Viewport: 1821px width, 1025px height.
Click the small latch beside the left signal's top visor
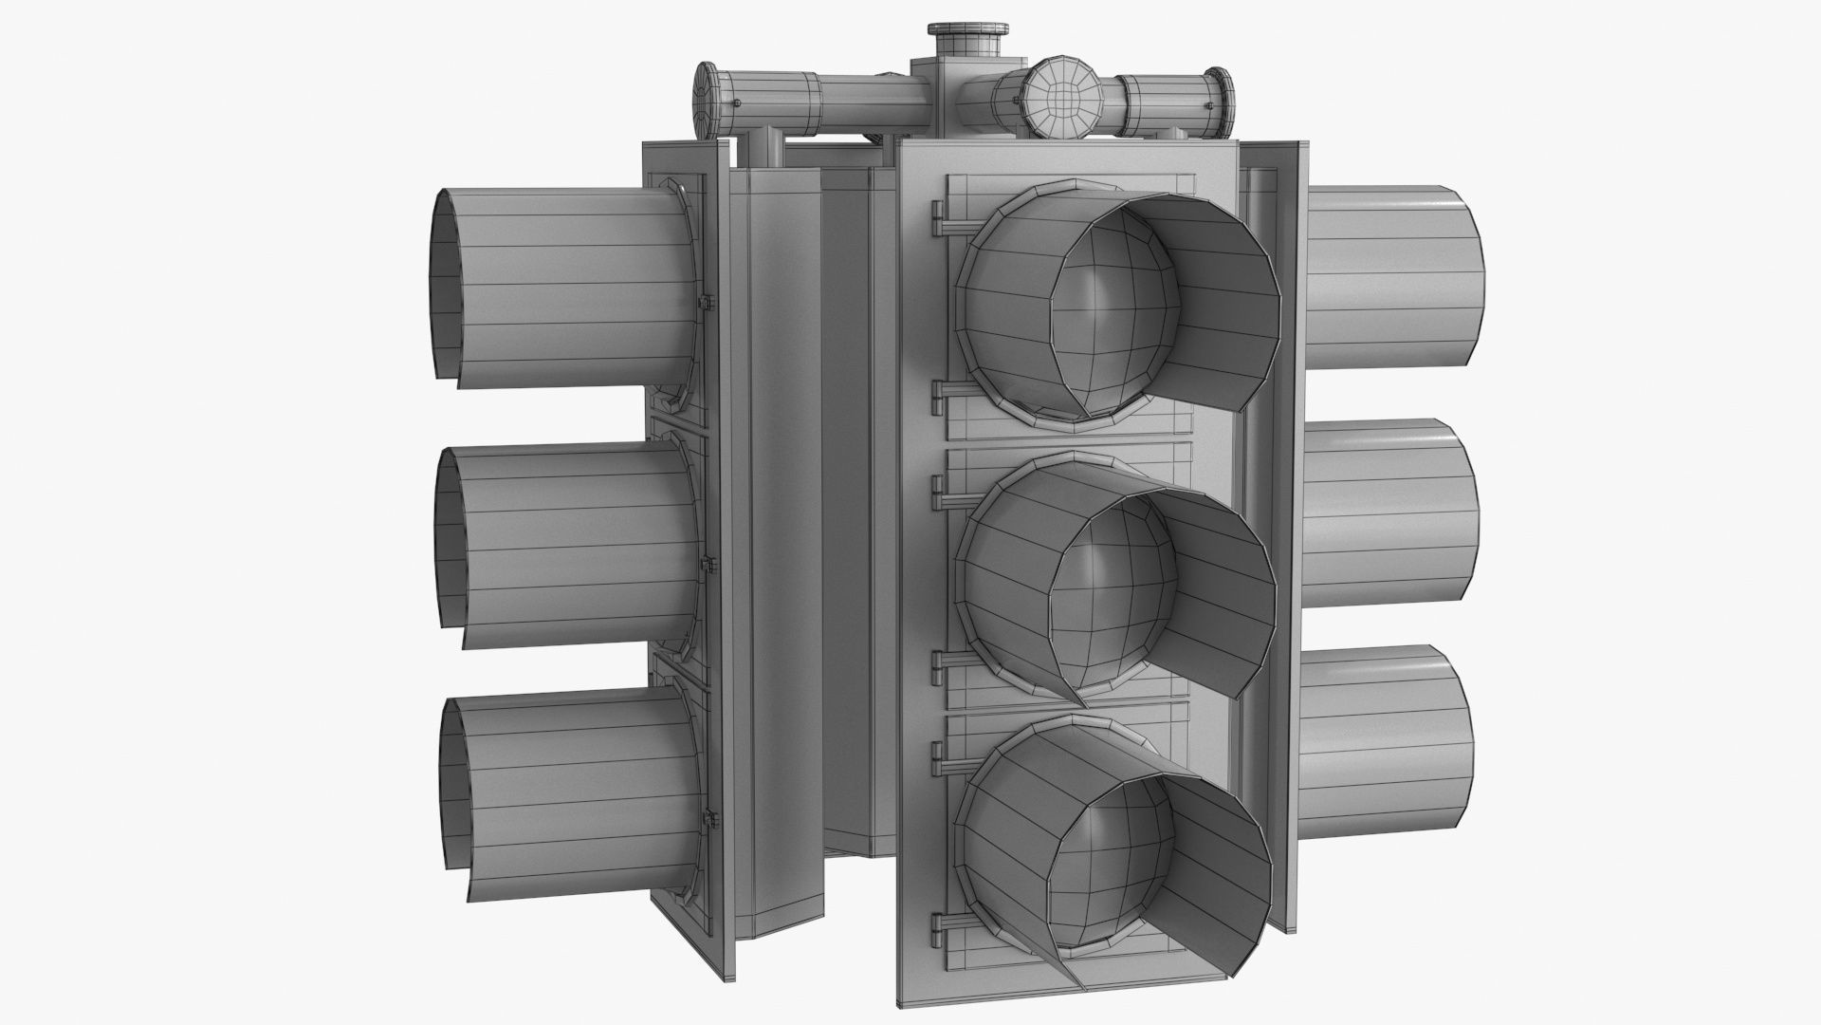(707, 303)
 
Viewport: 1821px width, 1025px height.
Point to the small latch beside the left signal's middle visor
(708, 568)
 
